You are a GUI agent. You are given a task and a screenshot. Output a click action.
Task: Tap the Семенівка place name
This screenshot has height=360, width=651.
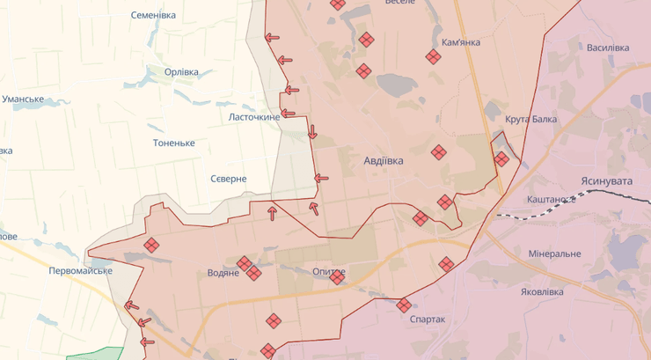pyautogui.click(x=153, y=16)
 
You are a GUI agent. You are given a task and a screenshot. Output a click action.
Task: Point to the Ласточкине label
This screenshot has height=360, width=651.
pyautogui.click(x=254, y=117)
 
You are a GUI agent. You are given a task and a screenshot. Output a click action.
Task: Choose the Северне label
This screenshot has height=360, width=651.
pyautogui.click(x=228, y=179)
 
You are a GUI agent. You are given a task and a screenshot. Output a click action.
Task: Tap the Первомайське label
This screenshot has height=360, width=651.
pyautogui.click(x=80, y=270)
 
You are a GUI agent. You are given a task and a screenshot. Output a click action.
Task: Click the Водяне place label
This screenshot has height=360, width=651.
pyautogui.click(x=223, y=273)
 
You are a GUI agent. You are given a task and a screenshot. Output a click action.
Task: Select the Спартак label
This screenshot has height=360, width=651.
pyautogui.click(x=428, y=320)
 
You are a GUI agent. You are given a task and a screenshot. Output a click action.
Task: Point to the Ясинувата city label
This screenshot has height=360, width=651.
pyautogui.click(x=607, y=180)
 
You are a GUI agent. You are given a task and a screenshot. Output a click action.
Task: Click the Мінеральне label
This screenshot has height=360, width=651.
pyautogui.click(x=554, y=253)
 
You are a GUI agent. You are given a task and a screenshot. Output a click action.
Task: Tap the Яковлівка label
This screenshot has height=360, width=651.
pyautogui.click(x=548, y=291)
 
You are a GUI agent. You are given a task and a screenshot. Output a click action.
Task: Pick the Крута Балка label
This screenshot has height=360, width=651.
pyautogui.click(x=531, y=120)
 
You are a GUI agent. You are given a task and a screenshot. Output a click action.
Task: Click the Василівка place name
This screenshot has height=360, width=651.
pyautogui.click(x=607, y=48)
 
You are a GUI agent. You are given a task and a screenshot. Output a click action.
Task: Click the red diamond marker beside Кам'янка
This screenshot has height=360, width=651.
pyautogui.click(x=433, y=57)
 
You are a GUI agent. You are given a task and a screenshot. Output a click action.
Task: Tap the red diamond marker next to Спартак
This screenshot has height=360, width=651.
pyautogui.click(x=404, y=305)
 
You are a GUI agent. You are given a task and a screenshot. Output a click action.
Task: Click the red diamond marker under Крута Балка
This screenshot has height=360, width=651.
pyautogui.click(x=501, y=159)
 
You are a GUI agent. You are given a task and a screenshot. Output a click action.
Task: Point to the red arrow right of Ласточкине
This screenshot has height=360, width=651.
pyautogui.click(x=291, y=89)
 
